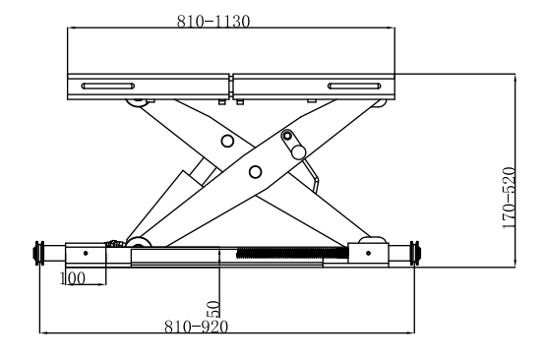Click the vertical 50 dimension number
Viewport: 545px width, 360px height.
click(x=212, y=309)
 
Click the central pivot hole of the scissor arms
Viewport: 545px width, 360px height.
click(x=256, y=172)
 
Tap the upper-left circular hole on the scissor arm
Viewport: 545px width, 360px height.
click(x=227, y=142)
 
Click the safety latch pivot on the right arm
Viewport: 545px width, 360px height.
click(x=288, y=136)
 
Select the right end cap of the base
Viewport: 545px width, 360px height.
click(x=416, y=253)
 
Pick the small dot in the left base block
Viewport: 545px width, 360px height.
click(x=86, y=253)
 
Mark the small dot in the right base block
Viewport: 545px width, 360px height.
click(x=369, y=253)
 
